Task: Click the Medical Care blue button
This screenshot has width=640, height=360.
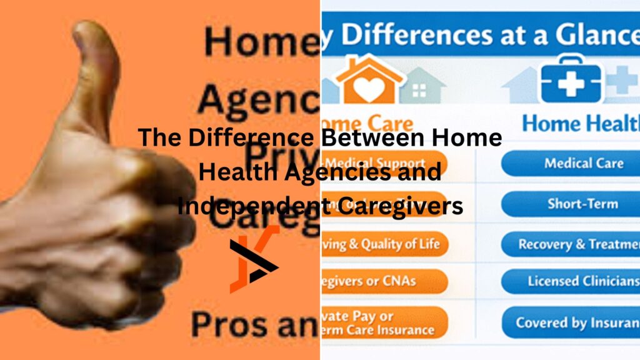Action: pos(570,164)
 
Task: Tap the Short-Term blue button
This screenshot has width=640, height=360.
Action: pos(570,204)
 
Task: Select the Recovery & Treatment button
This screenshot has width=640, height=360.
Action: pos(570,244)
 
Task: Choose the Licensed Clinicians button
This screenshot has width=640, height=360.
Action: pos(570,281)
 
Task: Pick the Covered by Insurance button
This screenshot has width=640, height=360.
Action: pos(570,323)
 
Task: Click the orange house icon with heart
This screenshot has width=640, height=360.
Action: pos(369,79)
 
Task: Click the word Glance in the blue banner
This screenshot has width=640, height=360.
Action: pos(587,34)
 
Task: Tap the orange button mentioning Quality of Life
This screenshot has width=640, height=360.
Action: pos(382,244)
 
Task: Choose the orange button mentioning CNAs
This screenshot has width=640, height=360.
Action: pos(382,282)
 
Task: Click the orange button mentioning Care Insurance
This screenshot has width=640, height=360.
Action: pos(382,323)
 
